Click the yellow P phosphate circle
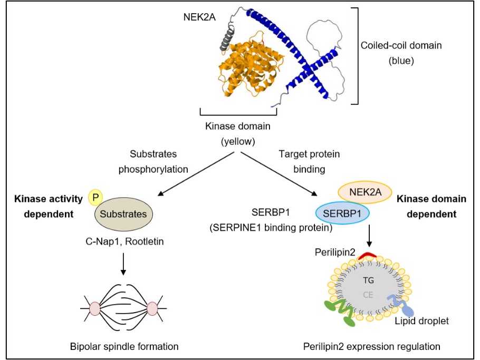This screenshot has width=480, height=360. (x=95, y=197)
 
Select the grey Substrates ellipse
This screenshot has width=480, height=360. (x=123, y=214)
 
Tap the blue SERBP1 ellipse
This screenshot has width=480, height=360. (x=342, y=213)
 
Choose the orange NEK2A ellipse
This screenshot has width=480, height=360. (x=365, y=192)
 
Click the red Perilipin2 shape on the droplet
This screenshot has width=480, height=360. (x=367, y=255)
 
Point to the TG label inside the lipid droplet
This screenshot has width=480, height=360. (x=368, y=280)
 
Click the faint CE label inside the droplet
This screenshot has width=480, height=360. (x=368, y=295)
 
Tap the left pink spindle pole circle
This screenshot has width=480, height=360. (x=95, y=308)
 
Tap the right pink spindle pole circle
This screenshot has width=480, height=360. (x=152, y=308)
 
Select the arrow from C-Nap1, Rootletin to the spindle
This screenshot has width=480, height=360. (x=123, y=264)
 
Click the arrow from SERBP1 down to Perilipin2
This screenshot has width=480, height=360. (x=369, y=236)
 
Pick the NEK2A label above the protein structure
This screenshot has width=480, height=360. (x=199, y=17)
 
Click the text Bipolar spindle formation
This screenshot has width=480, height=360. (x=124, y=346)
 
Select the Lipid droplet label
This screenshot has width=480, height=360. (x=421, y=321)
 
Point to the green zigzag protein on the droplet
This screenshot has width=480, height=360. (x=341, y=312)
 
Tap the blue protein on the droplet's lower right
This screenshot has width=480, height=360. (x=401, y=305)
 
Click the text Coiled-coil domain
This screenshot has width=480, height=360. (x=401, y=45)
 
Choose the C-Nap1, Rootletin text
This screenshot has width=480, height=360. (x=124, y=241)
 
